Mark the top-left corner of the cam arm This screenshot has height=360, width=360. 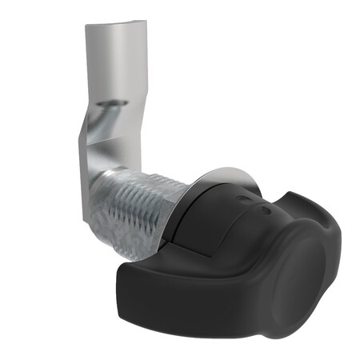(87, 25)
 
